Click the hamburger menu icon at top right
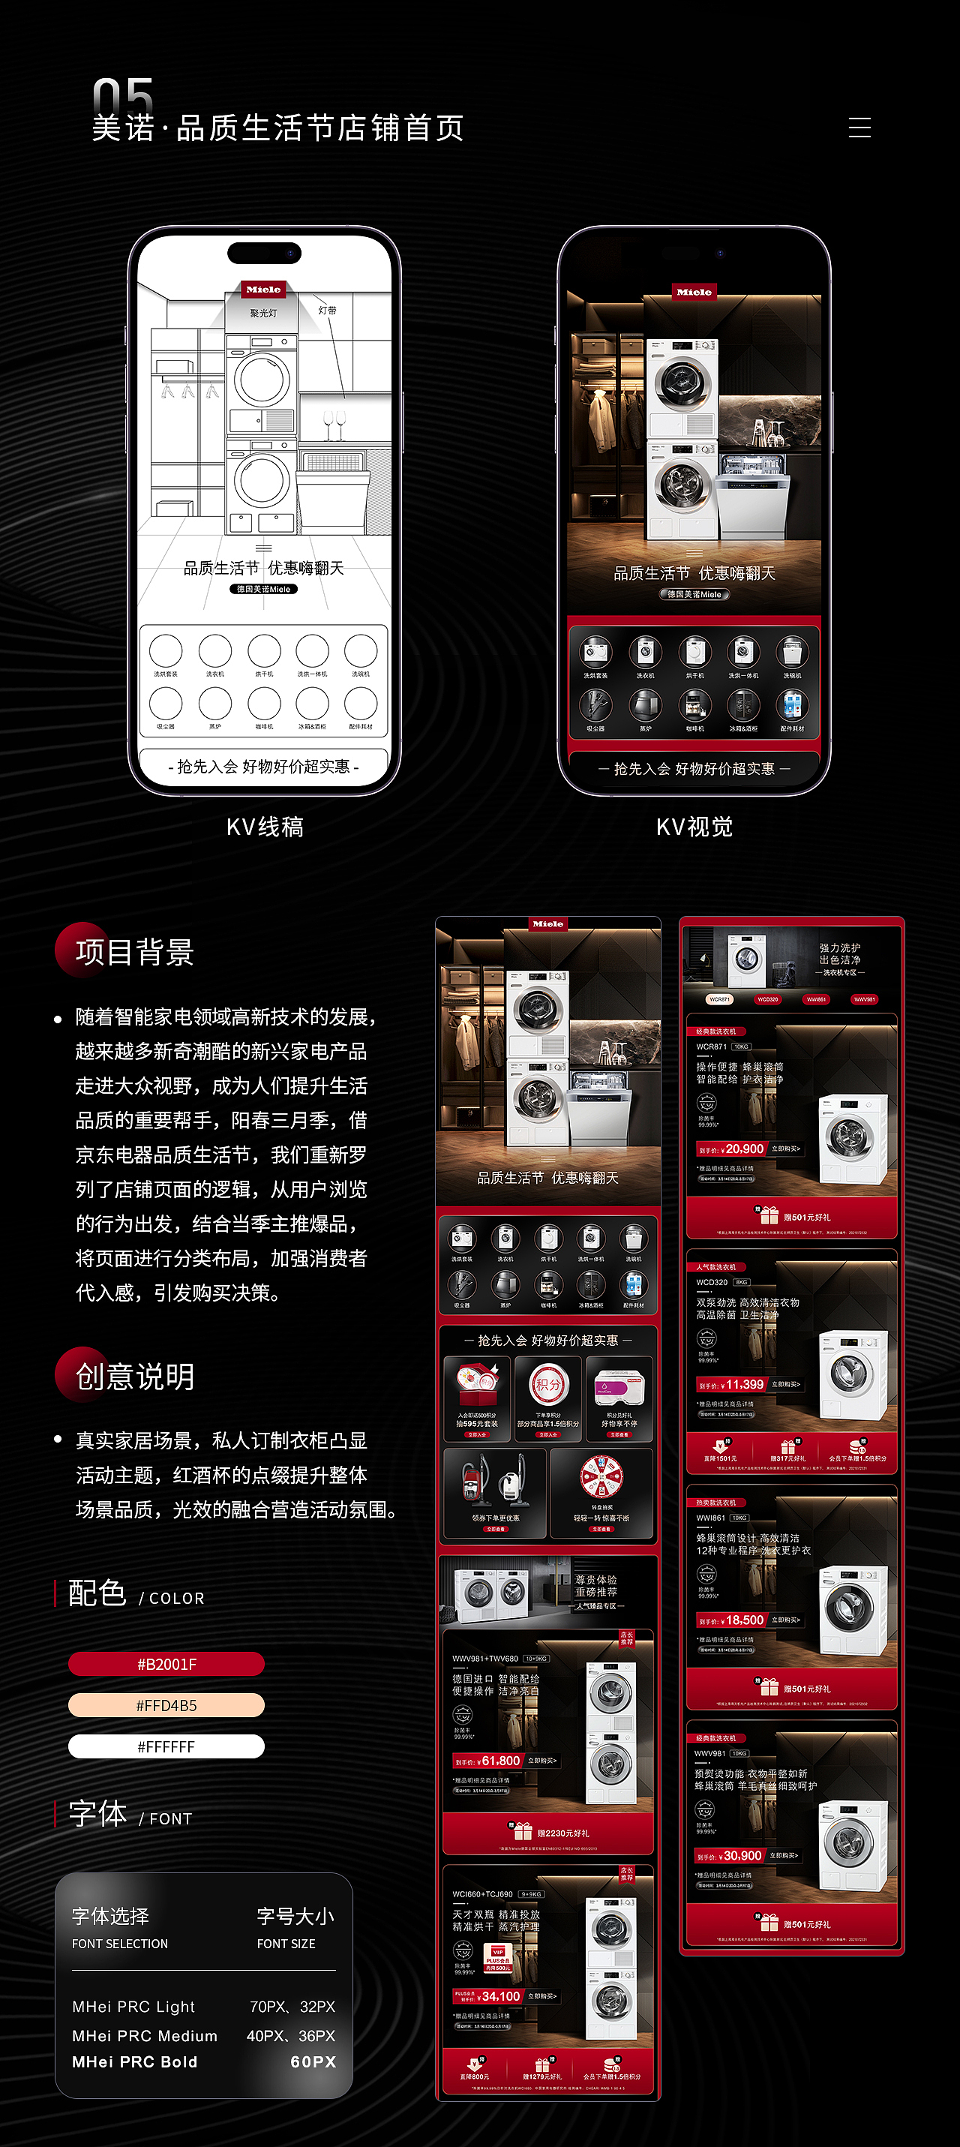(x=859, y=128)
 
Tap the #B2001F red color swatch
(x=166, y=1665)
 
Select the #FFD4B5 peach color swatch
(x=166, y=1705)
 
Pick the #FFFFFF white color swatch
(x=166, y=1746)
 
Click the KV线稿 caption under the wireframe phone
(x=265, y=827)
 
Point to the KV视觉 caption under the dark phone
(x=694, y=827)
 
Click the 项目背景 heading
(x=134, y=952)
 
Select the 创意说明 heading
(x=134, y=1377)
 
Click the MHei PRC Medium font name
(x=145, y=2035)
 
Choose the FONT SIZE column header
(x=286, y=1944)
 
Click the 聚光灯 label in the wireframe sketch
(x=263, y=314)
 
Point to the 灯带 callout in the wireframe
(x=328, y=310)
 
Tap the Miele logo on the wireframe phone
(x=263, y=290)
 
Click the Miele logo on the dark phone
(x=694, y=292)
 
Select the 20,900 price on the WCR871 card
(x=743, y=1149)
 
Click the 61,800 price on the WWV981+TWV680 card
(x=500, y=1760)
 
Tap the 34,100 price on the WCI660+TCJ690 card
(x=500, y=1996)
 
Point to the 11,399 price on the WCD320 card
(x=743, y=1384)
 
